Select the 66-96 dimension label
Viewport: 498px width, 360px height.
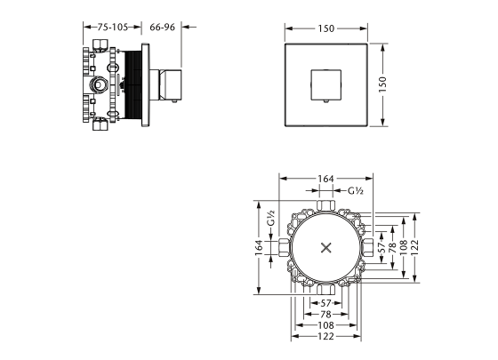point(163,28)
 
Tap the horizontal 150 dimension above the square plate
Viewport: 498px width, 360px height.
point(325,28)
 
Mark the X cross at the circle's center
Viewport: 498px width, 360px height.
point(325,247)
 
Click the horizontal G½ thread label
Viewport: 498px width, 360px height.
point(356,190)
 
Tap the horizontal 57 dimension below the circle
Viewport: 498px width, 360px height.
point(325,302)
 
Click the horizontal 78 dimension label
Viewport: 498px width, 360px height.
point(325,315)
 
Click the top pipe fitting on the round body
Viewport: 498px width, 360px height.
point(325,210)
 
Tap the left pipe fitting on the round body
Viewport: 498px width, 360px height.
point(285,247)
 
